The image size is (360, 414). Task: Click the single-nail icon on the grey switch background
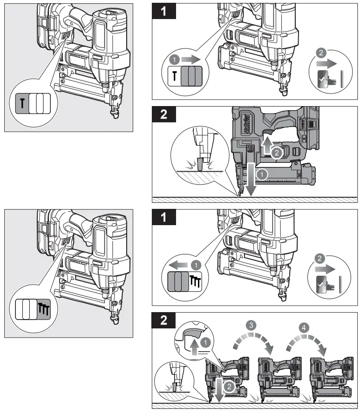click(x=22, y=101)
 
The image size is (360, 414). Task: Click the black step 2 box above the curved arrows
click(x=164, y=321)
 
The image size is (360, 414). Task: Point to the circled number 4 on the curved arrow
click(x=304, y=328)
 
